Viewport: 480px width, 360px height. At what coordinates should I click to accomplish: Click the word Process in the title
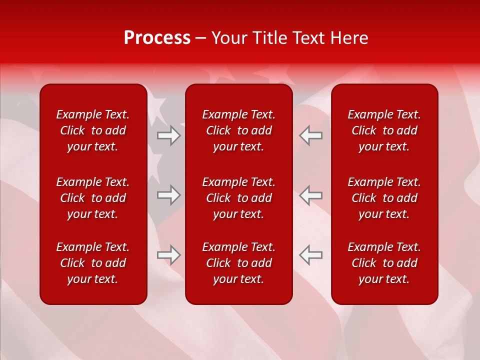tap(157, 38)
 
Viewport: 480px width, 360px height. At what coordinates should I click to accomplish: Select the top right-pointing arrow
tap(169, 135)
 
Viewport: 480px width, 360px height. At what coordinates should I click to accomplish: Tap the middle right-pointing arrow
tap(169, 195)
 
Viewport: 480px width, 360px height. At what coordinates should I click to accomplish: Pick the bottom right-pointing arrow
tap(169, 254)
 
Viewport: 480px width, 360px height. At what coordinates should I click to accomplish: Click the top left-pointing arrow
tap(310, 135)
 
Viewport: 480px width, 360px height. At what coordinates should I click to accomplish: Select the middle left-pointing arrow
tap(310, 195)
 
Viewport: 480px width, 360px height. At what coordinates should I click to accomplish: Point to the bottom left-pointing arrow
tap(310, 254)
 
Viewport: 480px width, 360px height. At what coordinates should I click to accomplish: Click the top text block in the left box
tap(93, 130)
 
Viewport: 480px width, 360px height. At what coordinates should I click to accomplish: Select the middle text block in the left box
tap(93, 198)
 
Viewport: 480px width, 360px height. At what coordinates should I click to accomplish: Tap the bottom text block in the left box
tap(93, 263)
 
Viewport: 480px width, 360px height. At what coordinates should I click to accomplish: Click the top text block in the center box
tap(239, 130)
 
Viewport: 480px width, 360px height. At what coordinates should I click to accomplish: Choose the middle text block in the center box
tap(239, 198)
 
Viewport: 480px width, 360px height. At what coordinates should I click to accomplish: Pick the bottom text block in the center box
tap(239, 263)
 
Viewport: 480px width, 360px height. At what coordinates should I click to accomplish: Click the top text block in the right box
tap(384, 130)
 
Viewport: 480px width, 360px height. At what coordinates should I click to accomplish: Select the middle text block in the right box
tap(384, 198)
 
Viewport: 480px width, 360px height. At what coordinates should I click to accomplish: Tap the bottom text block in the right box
tap(384, 263)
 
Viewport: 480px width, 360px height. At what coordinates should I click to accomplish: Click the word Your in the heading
tap(229, 38)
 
